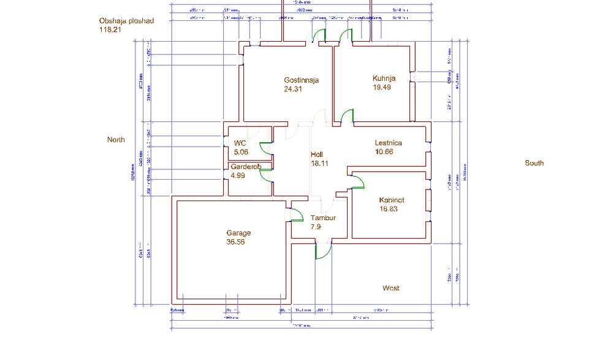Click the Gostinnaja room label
coord(301,80)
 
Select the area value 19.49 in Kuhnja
coord(382,87)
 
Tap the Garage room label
coord(238,233)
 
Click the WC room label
coord(240,144)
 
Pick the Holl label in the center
coord(317,155)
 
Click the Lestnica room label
coord(388,143)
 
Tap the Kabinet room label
coord(392,201)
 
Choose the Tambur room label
coord(323,218)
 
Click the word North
coord(116,140)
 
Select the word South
coord(534,163)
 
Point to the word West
coord(391,288)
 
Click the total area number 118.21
coord(110,28)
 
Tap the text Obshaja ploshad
coord(126,20)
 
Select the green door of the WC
coord(265,147)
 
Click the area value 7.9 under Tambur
coord(316,227)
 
